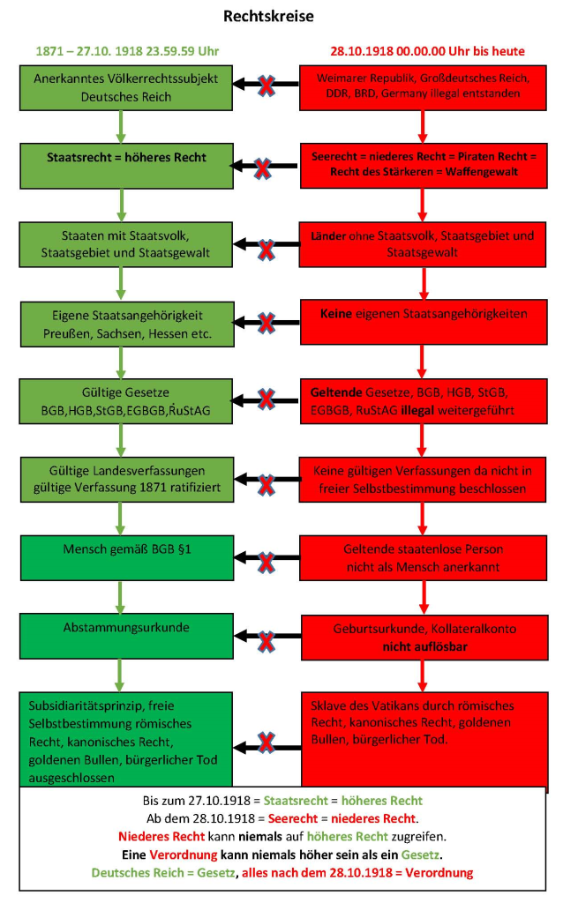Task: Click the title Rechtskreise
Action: (281, 17)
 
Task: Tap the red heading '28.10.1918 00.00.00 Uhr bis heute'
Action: (424, 51)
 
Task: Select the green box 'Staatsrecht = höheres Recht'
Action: (126, 158)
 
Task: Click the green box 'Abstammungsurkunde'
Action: (126, 629)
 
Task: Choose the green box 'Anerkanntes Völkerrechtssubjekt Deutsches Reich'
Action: (126, 86)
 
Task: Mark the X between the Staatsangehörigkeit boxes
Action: (265, 322)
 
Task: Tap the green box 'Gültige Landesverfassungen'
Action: (126, 477)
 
